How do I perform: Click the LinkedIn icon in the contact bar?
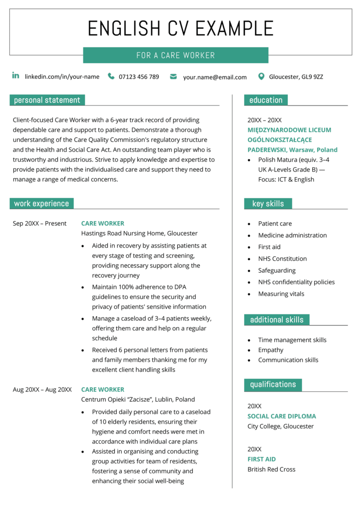coord(15,76)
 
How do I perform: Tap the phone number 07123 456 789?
coord(139,77)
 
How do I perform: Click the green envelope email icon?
coord(173,76)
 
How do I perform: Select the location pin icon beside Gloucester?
coord(261,76)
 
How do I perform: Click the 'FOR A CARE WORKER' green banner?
coord(176,55)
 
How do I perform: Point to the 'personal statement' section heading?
coord(47,100)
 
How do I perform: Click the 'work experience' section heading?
coord(41,203)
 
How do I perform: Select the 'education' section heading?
coord(266,100)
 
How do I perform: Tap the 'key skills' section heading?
coord(268,203)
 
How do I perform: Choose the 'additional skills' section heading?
coord(277,320)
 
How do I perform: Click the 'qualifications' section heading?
coord(273,384)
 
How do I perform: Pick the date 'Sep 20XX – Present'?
coord(40,224)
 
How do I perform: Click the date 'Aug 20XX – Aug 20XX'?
coord(42,389)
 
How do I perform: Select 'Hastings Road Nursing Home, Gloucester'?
coord(139,233)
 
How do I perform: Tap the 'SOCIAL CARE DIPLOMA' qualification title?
coord(282,416)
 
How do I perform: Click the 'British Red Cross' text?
coord(271,469)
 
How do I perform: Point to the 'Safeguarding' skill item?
coord(277,270)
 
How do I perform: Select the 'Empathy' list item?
coord(270,350)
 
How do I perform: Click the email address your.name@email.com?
coord(215,77)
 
